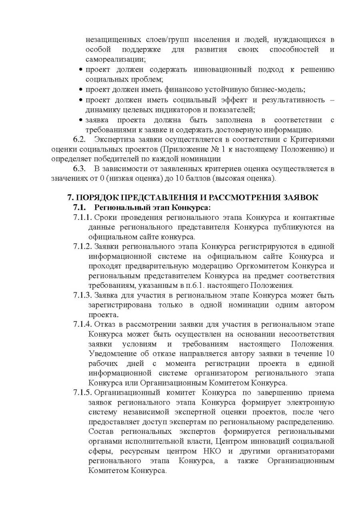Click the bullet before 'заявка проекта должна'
pos(81,120)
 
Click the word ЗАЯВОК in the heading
pos(297,198)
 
